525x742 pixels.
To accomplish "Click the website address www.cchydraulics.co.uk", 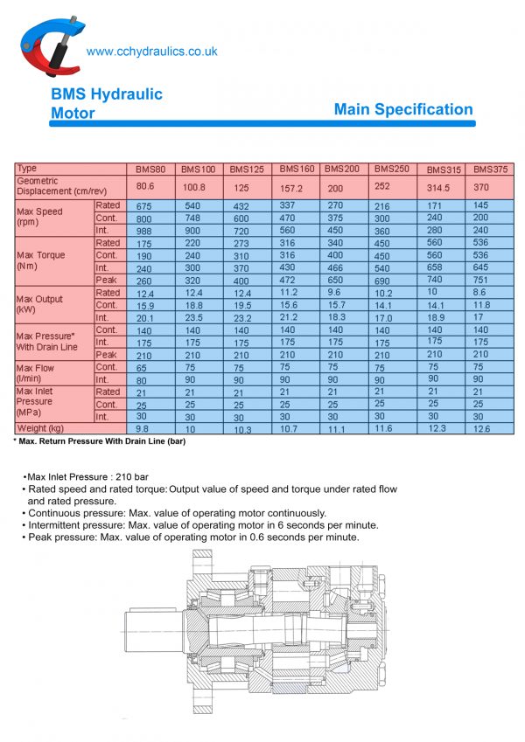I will click(x=152, y=52).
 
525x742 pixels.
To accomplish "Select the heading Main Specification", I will click(x=403, y=109).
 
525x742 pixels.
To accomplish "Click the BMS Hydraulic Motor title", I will click(x=106, y=103).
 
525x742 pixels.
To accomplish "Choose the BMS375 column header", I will click(x=490, y=169).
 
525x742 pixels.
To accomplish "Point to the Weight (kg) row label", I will click(x=40, y=428).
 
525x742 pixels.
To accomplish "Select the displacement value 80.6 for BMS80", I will click(x=145, y=186).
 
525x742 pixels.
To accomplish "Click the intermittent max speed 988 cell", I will click(x=145, y=230).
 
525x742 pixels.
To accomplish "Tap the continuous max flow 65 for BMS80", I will click(x=145, y=368).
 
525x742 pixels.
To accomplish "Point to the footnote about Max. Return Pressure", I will click(x=99, y=441).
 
